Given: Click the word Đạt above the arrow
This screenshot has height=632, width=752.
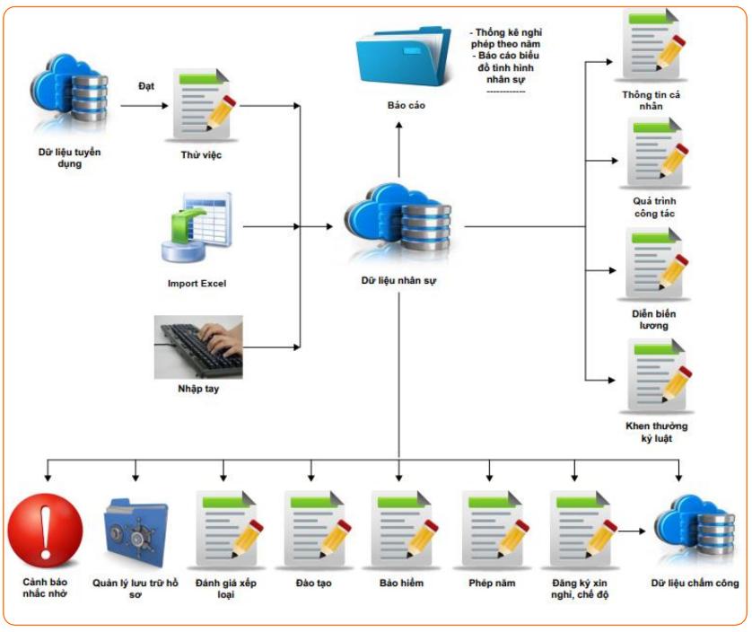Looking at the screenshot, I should (x=147, y=86).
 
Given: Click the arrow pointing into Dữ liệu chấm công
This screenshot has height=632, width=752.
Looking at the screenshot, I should (x=631, y=531).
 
